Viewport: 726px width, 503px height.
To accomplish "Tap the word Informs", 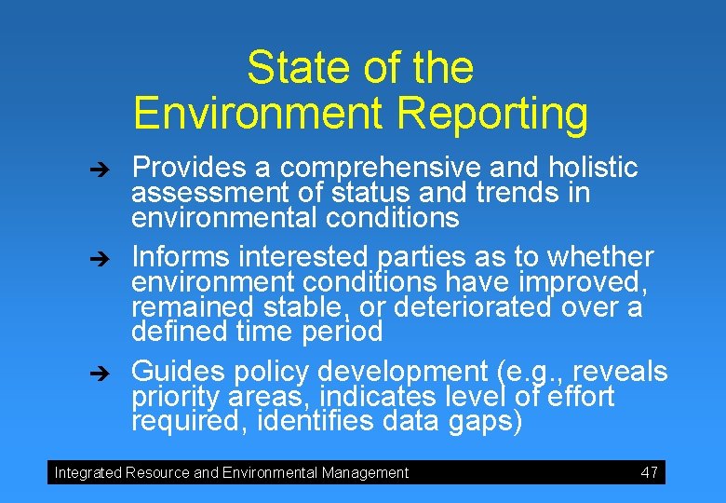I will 181,256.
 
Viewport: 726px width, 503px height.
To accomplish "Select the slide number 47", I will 650,472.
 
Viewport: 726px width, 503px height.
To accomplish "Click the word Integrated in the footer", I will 87,472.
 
